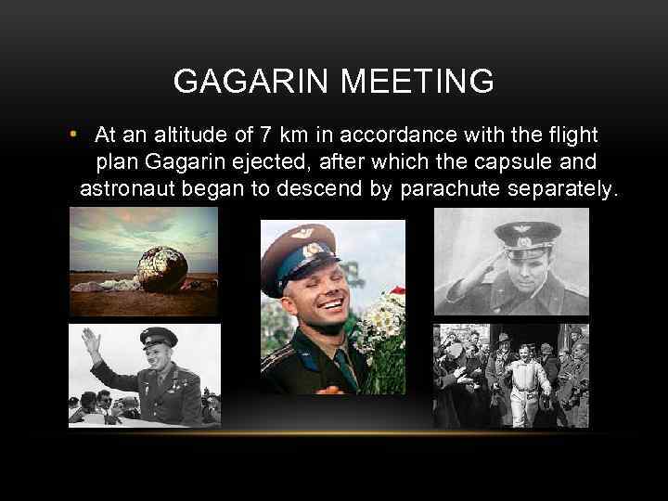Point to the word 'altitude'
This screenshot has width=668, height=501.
point(176,137)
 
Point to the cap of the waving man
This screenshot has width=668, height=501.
point(158,340)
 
